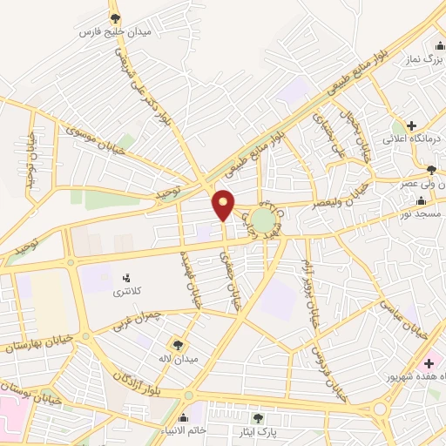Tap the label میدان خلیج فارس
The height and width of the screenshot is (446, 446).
(116, 32)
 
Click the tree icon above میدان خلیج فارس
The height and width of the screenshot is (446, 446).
(116, 17)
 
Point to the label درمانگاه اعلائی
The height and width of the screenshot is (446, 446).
(409, 139)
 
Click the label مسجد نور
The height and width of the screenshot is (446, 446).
(423, 213)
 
